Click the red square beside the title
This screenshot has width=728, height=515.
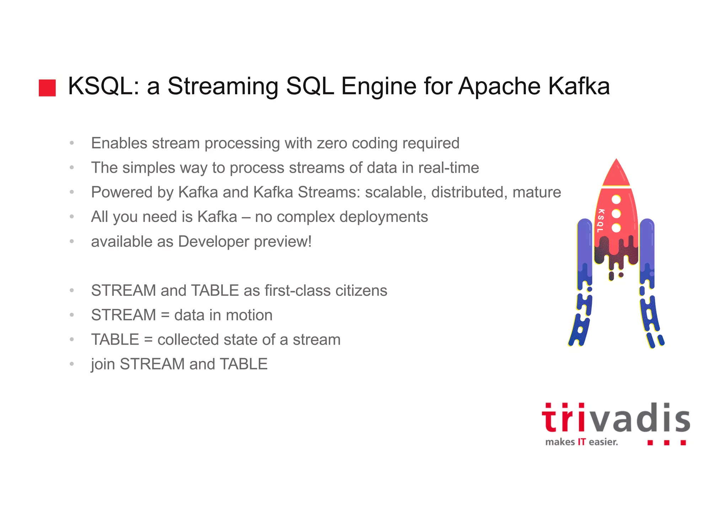[47, 88]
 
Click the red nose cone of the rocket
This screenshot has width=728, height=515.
[616, 174]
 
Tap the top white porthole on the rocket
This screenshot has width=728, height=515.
[616, 200]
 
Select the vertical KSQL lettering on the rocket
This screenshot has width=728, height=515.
[601, 221]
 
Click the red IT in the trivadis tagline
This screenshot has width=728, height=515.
[582, 442]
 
